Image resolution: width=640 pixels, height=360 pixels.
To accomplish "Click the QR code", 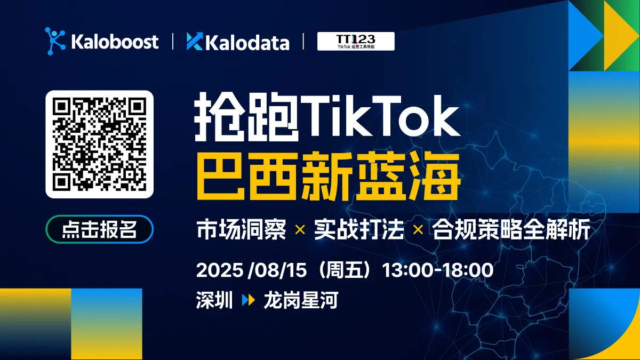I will pyautogui.click(x=100, y=145).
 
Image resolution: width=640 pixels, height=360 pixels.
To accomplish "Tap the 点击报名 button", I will pyautogui.click(x=100, y=229).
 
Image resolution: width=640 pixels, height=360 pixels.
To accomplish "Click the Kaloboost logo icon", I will pyautogui.click(x=55, y=41).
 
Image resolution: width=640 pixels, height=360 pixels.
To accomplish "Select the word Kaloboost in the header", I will pyautogui.click(x=115, y=42).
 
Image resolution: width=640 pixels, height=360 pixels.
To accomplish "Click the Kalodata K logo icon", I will pyautogui.click(x=195, y=42).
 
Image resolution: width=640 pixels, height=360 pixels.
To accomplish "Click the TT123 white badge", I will pyautogui.click(x=356, y=41).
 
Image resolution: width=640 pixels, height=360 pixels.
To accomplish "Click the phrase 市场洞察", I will pyautogui.click(x=242, y=230).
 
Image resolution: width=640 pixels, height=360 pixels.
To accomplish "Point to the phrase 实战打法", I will pyautogui.click(x=358, y=230).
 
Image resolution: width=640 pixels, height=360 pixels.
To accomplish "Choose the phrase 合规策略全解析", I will pyautogui.click(x=510, y=230).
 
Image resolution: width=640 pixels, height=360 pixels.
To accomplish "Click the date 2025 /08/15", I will pyautogui.click(x=251, y=270).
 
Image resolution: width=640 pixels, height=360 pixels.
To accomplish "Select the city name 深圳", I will pyautogui.click(x=214, y=301).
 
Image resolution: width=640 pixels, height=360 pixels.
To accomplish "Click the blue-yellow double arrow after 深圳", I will pyautogui.click(x=248, y=301).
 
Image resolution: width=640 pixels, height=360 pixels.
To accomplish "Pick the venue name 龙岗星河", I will pyautogui.click(x=301, y=301).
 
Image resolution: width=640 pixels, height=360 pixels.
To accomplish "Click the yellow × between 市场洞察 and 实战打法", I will pyautogui.click(x=300, y=230).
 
